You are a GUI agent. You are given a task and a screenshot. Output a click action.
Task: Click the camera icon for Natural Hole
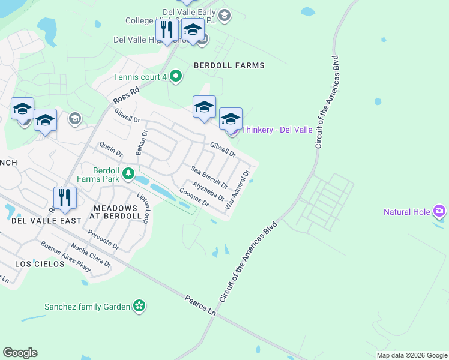439,211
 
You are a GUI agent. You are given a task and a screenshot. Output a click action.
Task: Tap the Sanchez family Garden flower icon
139,306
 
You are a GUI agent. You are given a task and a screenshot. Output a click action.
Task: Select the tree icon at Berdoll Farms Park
128,174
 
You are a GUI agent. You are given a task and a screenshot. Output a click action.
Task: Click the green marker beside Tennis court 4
176,76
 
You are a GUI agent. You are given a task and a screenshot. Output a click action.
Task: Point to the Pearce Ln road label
200,305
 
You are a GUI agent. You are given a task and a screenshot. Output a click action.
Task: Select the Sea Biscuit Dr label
209,176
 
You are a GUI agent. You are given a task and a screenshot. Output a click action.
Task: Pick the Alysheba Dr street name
208,191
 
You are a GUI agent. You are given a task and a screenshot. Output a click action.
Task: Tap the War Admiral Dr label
237,190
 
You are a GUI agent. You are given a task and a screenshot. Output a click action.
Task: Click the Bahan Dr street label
141,143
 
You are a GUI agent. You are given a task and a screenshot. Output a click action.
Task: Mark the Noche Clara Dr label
91,255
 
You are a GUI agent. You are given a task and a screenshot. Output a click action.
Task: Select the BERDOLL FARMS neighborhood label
229,65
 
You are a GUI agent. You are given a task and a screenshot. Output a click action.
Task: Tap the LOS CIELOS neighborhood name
40,264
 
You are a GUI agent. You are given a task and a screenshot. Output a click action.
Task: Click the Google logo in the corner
20,353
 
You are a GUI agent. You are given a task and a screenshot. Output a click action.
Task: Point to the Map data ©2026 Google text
411,355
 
